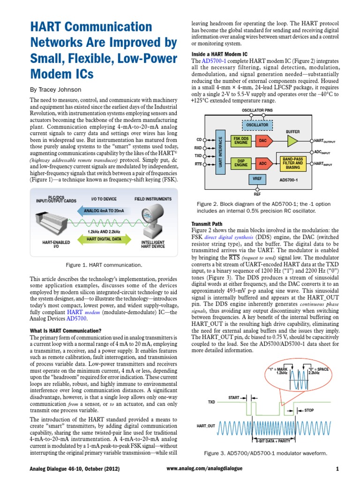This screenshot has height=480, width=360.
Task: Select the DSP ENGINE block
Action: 240,163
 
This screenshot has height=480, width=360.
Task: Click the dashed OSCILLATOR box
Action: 257,125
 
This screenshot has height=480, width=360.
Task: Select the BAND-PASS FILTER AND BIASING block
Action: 292,163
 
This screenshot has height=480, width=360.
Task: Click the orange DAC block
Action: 263,141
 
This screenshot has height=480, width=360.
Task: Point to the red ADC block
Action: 263,163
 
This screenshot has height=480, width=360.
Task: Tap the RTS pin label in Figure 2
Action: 198,164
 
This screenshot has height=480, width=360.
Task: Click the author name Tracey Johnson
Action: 55,90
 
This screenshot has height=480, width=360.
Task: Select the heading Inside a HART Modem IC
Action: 219,54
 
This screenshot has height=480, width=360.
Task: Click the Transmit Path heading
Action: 207,224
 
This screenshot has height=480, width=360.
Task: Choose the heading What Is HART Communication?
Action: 66,331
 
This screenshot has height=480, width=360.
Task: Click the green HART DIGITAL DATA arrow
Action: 104,239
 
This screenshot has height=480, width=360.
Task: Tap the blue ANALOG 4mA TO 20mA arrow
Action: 104,210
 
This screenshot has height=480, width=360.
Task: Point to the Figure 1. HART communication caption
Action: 104,265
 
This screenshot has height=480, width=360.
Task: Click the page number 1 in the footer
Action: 337,468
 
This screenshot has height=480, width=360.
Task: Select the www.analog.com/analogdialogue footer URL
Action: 205,468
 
